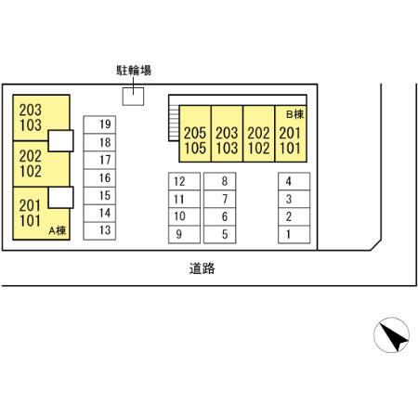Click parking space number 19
pos(99,124)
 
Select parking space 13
pos(99,231)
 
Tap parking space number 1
pos(294,234)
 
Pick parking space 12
pos(184,181)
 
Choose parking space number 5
pos(220,234)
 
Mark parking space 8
pos(220,181)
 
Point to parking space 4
pos(294,181)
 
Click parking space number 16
pos(99,178)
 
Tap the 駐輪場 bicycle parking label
pos(134,71)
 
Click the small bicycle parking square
pos(133,97)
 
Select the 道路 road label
pos(202,268)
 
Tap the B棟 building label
pos(295,114)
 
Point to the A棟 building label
pos(58,230)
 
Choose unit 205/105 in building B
pos(195,134)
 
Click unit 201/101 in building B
pos(291,134)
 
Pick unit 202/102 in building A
pos(31,164)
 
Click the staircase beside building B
pos(174,123)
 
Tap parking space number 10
pos(184,216)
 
